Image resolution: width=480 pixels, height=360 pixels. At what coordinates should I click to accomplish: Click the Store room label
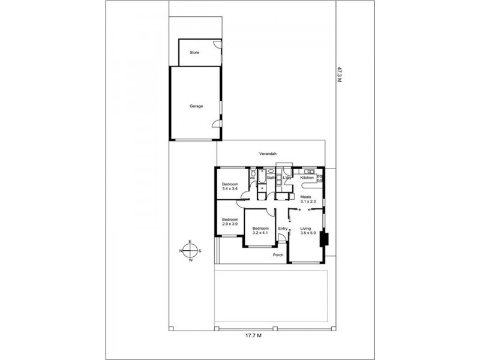pyautogui.click(x=194, y=53)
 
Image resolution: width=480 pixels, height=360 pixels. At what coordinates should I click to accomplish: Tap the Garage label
pyautogui.click(x=196, y=106)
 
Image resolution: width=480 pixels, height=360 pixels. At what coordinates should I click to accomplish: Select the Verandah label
pyautogui.click(x=268, y=155)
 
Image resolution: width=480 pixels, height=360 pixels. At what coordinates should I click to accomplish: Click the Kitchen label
pyautogui.click(x=307, y=178)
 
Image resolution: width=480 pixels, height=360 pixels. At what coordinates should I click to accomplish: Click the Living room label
pyautogui.click(x=307, y=229)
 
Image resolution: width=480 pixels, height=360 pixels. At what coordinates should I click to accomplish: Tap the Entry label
pyautogui.click(x=283, y=229)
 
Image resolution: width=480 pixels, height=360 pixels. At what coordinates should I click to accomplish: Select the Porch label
pyautogui.click(x=278, y=254)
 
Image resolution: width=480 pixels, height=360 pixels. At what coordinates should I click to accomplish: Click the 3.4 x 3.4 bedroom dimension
pyautogui.click(x=230, y=189)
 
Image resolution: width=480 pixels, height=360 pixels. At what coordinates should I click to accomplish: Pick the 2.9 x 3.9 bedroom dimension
pyautogui.click(x=230, y=224)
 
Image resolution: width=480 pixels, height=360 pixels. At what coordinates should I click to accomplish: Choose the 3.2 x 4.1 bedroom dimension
pyautogui.click(x=260, y=233)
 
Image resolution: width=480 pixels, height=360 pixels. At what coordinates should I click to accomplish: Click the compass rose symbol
pyautogui.click(x=190, y=251)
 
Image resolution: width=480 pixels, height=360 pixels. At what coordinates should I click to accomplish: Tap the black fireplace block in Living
pyautogui.click(x=324, y=239)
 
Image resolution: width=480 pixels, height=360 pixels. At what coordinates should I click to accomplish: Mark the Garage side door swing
pyautogui.click(x=215, y=124)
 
